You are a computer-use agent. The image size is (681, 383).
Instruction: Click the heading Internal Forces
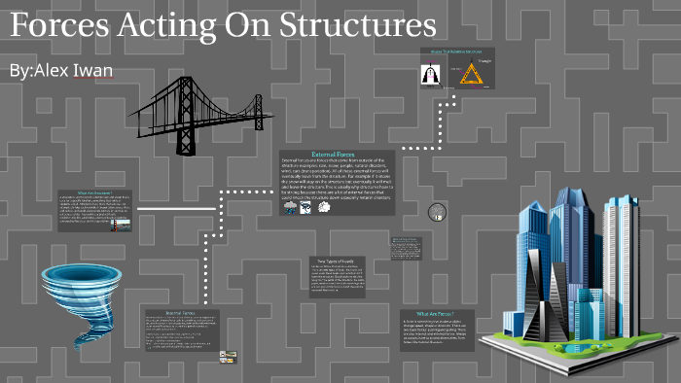tap(180, 313)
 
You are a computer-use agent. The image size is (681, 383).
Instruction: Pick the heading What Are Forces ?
tap(437, 313)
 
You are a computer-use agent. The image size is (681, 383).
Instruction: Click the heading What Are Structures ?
tap(96, 193)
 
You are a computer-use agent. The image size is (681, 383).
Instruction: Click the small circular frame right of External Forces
tap(437, 211)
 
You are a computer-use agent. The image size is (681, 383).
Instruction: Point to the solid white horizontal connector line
tap(176, 208)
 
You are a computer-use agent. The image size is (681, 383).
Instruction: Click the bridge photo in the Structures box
tap(121, 226)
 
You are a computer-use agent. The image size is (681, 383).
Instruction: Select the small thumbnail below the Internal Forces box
tap(228, 358)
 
